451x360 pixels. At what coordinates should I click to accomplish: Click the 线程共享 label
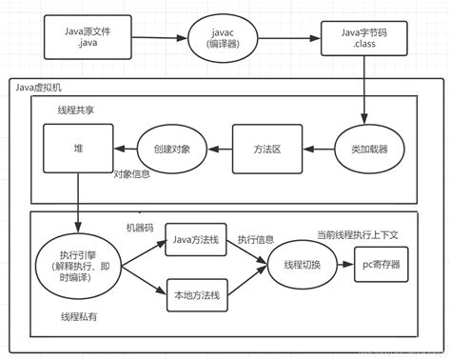[x=75, y=110]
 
